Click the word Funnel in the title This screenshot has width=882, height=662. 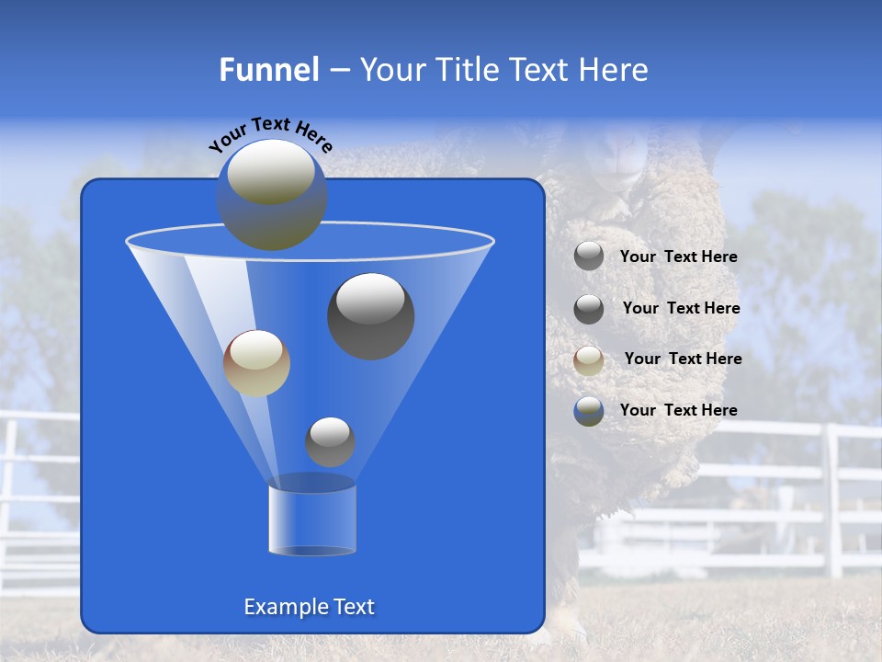(x=268, y=70)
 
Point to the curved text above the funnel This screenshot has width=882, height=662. (x=270, y=134)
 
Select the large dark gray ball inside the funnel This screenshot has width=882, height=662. (x=371, y=316)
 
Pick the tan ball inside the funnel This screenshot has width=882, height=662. (x=256, y=363)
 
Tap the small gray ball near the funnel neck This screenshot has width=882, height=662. (x=330, y=441)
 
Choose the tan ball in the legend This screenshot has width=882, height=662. (x=589, y=360)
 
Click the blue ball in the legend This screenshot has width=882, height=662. (x=589, y=411)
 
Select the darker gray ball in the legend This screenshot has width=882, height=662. (x=589, y=309)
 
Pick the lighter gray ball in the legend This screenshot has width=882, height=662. (x=589, y=257)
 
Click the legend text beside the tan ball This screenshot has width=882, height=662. (x=683, y=359)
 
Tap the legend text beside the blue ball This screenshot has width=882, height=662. (x=678, y=410)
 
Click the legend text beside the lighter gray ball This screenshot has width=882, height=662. (x=678, y=257)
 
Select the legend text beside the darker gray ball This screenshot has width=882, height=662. (x=681, y=308)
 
